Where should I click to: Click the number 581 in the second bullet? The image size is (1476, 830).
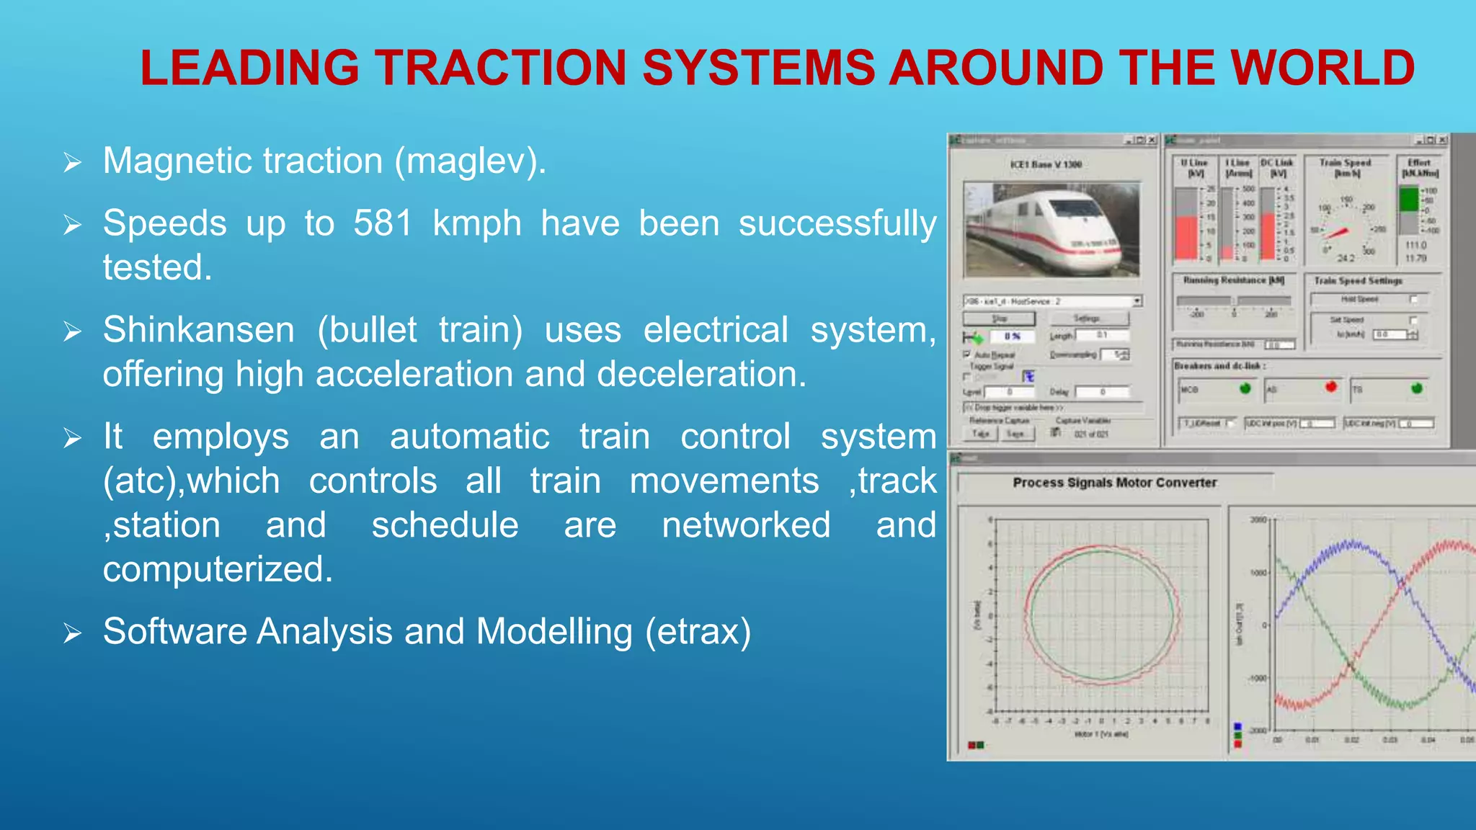coord(383,223)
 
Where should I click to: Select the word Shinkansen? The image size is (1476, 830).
coord(198,331)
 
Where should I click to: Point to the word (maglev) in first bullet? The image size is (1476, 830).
coord(469,161)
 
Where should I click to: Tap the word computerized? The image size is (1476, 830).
coord(218,569)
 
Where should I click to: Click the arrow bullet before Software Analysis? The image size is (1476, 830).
coord(72,633)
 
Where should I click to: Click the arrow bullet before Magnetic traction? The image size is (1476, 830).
coord(72,162)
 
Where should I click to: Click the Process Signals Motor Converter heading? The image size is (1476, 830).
coord(1114,483)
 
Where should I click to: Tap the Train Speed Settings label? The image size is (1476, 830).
coord(1358,281)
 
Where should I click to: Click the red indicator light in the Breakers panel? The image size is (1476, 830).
coord(1330,388)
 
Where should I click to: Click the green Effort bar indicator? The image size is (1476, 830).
coord(1408,200)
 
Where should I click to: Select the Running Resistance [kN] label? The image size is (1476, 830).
coord(1233,280)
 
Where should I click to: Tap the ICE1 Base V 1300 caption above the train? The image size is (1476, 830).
coord(1046,165)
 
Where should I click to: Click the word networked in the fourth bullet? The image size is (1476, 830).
coord(746,525)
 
